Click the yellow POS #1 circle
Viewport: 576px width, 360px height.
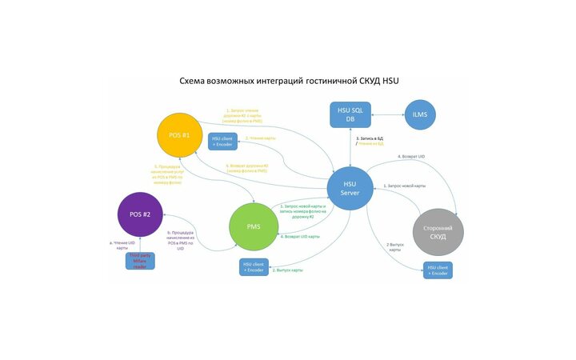point(180,135)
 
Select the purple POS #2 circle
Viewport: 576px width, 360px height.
point(141,214)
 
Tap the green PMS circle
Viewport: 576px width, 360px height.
point(253,226)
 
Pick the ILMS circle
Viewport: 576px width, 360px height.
point(420,115)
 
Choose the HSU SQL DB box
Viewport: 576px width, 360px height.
point(350,114)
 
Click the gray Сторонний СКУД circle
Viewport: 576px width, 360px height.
point(438,232)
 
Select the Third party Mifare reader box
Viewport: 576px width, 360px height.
point(140,261)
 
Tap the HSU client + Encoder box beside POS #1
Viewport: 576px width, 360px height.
point(223,141)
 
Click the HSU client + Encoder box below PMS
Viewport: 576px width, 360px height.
point(254,268)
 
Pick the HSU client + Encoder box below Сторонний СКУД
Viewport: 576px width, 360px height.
point(438,270)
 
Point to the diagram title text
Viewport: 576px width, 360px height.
point(287,82)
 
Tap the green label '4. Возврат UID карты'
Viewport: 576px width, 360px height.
point(300,237)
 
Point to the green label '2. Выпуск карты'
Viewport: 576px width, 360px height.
point(287,270)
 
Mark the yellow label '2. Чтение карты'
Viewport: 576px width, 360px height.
point(261,138)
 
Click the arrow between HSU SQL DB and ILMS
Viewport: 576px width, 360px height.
point(388,115)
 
